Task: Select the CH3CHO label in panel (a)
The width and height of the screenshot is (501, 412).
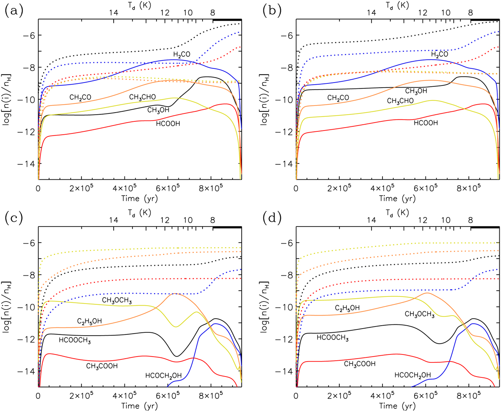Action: (x=142, y=97)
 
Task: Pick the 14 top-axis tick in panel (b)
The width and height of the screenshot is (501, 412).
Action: (x=371, y=13)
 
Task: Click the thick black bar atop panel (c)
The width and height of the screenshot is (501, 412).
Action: (x=227, y=227)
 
